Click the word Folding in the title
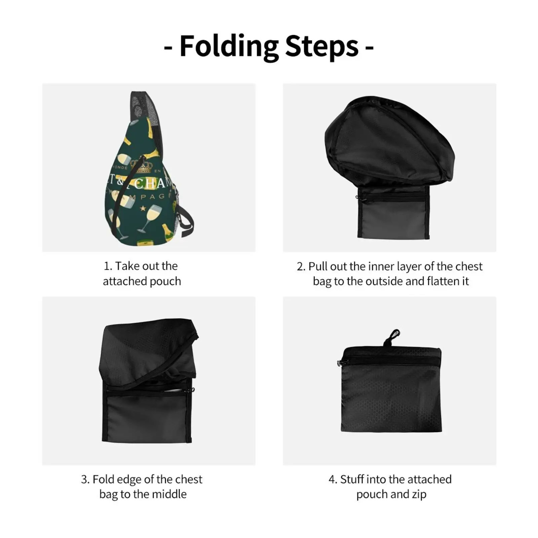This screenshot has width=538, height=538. pyautogui.click(x=229, y=47)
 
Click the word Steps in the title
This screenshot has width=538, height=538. pyautogui.click(x=322, y=47)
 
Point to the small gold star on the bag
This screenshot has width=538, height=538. pyautogui.click(x=143, y=208)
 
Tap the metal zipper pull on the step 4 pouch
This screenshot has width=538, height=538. pyautogui.click(x=339, y=362)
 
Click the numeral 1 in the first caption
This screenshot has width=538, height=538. pyautogui.click(x=107, y=266)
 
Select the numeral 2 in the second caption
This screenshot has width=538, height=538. pyautogui.click(x=300, y=267)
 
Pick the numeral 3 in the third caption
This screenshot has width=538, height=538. pyautogui.click(x=84, y=479)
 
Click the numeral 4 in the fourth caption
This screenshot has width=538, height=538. pyautogui.click(x=332, y=479)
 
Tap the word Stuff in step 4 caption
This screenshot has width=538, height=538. pyautogui.click(x=352, y=479)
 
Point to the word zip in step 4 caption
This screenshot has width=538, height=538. pyautogui.click(x=419, y=495)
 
